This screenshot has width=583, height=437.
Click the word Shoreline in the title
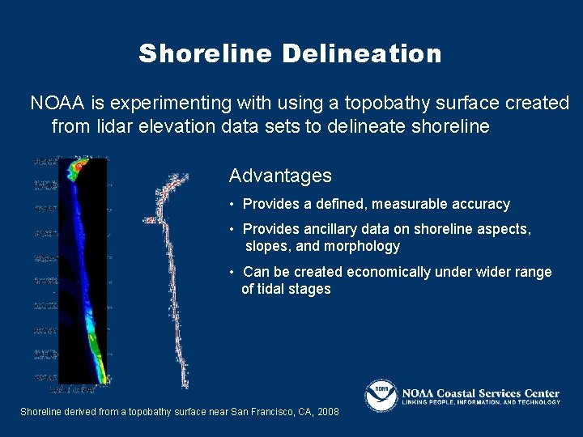(x=206, y=54)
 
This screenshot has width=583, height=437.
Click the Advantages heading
(x=280, y=176)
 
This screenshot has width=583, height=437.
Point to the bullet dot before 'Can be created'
(x=232, y=272)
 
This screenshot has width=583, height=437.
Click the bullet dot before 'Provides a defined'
(x=232, y=204)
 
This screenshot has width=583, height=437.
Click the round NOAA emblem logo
(x=381, y=396)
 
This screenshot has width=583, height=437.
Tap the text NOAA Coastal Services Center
(x=481, y=393)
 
